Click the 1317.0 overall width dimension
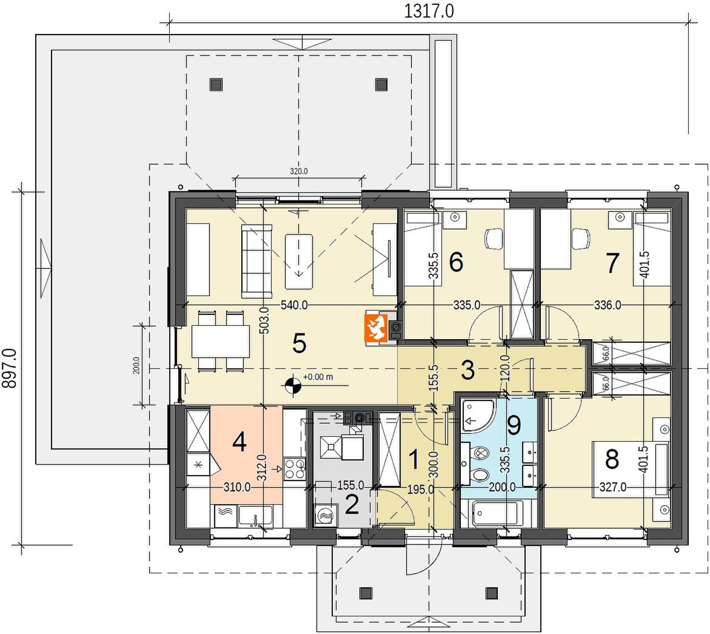(x=428, y=11)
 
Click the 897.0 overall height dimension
(x=10, y=368)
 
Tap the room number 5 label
(x=300, y=343)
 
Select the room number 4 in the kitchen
(x=239, y=442)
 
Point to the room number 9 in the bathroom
(x=514, y=425)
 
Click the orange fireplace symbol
(x=375, y=327)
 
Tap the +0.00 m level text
(x=318, y=377)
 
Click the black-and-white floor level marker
(x=292, y=386)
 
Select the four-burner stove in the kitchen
(x=294, y=468)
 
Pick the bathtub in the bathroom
(x=498, y=513)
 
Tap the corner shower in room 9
(x=479, y=415)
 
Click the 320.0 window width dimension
(x=298, y=171)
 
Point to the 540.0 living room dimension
(x=294, y=305)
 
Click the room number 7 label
(x=612, y=263)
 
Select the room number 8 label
(x=612, y=459)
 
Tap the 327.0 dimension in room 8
(x=612, y=487)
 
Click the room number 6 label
(x=456, y=261)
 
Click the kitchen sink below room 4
(x=256, y=517)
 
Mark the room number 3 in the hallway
(x=467, y=370)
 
